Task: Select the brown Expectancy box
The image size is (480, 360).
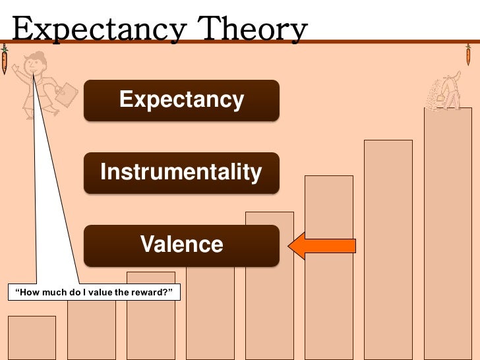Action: pos(181,100)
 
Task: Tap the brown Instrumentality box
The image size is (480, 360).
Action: pos(181,173)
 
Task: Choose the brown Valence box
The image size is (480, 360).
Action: pos(181,245)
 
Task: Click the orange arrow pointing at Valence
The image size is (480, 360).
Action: pos(322,246)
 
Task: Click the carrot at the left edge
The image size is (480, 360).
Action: pos(5,60)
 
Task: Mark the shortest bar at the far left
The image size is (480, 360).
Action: pos(32,338)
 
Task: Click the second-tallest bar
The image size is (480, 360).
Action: pos(388,251)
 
